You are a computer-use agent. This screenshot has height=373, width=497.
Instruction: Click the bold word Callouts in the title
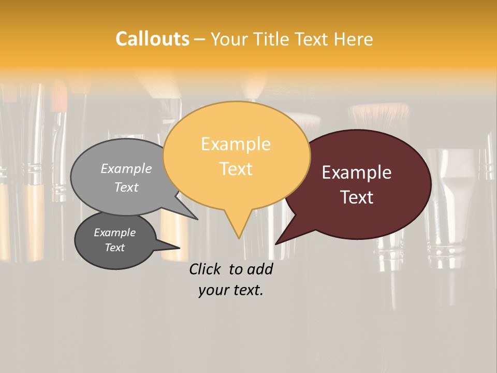point(152,39)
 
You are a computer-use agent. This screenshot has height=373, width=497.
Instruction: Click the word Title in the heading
point(273,39)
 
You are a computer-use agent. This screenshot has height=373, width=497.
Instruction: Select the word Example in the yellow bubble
point(236,144)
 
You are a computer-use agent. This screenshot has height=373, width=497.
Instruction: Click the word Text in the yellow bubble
point(236,168)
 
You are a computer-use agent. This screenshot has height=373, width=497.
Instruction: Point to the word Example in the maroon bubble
point(357,173)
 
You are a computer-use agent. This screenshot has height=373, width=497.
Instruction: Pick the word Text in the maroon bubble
point(357,197)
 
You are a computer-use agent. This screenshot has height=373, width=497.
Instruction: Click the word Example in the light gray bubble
point(126,169)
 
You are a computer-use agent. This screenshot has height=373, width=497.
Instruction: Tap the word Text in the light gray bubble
point(126,187)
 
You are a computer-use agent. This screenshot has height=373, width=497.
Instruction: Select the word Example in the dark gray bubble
point(114,233)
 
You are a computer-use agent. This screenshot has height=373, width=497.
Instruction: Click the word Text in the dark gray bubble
point(114,248)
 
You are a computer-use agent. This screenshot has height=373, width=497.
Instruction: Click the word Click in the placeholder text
point(206,269)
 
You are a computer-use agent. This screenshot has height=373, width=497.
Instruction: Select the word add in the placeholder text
point(259,269)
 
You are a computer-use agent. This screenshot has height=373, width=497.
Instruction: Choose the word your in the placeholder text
point(213,290)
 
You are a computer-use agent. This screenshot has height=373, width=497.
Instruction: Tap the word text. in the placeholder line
point(247,290)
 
